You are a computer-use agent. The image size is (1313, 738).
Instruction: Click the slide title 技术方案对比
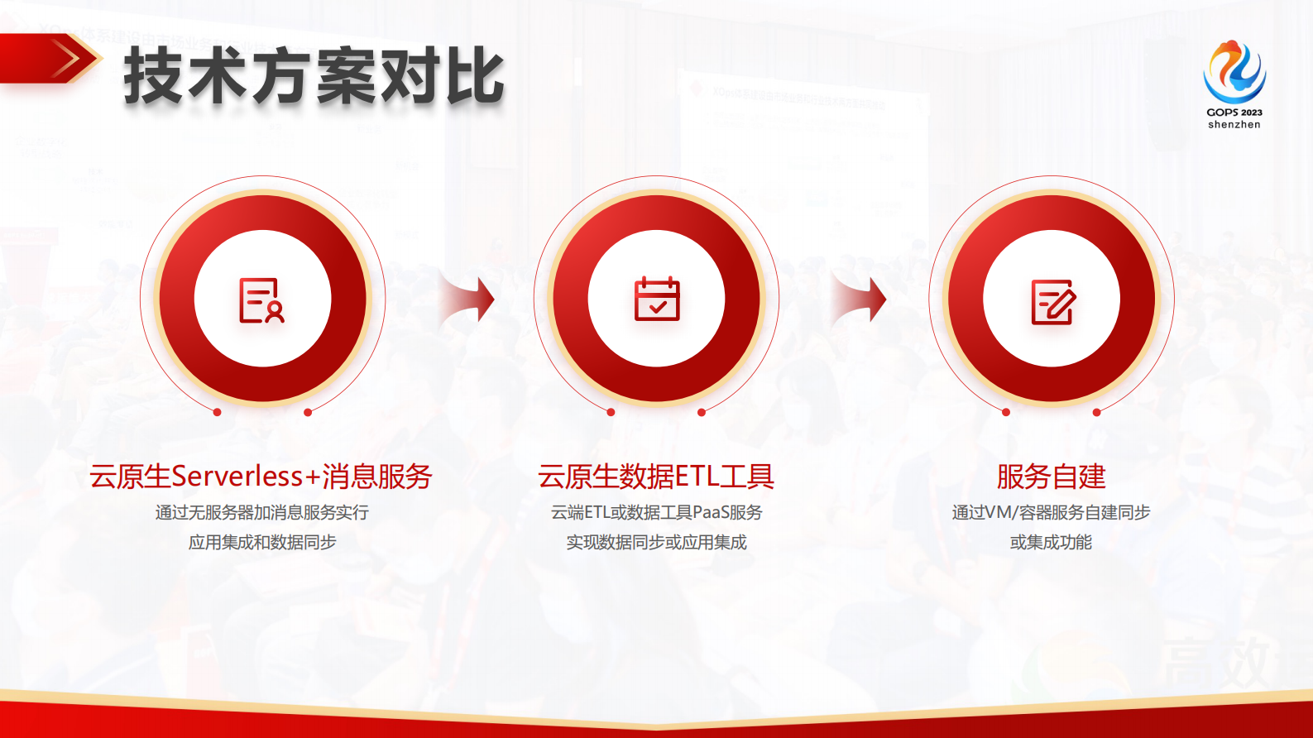(314, 76)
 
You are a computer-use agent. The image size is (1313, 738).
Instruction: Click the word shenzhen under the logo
(1234, 125)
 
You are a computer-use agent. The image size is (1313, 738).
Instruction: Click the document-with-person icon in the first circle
(261, 300)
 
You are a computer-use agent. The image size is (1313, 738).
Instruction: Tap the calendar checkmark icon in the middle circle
(657, 300)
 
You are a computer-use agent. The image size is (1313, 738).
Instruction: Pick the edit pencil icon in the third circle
(1052, 301)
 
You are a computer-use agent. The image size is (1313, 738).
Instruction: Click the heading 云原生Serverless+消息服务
(261, 477)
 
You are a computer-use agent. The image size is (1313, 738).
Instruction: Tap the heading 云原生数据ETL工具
(656, 477)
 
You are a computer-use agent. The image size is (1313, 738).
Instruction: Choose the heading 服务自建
(1051, 477)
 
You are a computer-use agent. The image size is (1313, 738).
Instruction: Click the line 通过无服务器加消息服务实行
(261, 513)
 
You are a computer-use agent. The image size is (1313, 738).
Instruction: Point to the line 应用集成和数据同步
(261, 543)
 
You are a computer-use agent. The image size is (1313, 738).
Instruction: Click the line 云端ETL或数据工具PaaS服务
(656, 513)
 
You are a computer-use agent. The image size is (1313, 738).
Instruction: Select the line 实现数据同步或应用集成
(656, 543)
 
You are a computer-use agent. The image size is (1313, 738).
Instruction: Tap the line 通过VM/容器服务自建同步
(1051, 513)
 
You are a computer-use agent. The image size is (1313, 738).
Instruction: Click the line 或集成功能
(1051, 543)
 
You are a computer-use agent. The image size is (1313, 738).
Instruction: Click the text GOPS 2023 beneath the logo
(1234, 112)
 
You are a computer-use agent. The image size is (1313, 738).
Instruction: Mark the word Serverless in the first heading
(237, 477)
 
